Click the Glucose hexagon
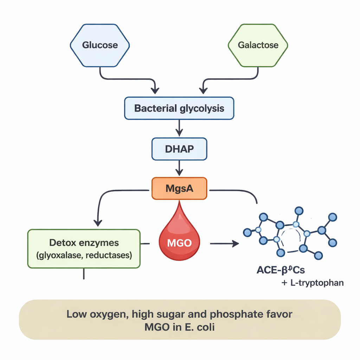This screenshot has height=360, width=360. click(100, 45)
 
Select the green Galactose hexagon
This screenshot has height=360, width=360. click(258, 45)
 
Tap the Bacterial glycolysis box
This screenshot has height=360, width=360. click(179, 108)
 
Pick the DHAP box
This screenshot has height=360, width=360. click(179, 149)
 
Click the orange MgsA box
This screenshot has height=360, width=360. click(179, 188)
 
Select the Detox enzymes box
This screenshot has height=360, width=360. click(84, 248)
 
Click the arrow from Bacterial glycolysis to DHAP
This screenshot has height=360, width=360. click(179, 128)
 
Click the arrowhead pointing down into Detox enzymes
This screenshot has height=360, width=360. click(98, 222)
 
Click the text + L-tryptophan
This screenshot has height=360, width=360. click(313, 283)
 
